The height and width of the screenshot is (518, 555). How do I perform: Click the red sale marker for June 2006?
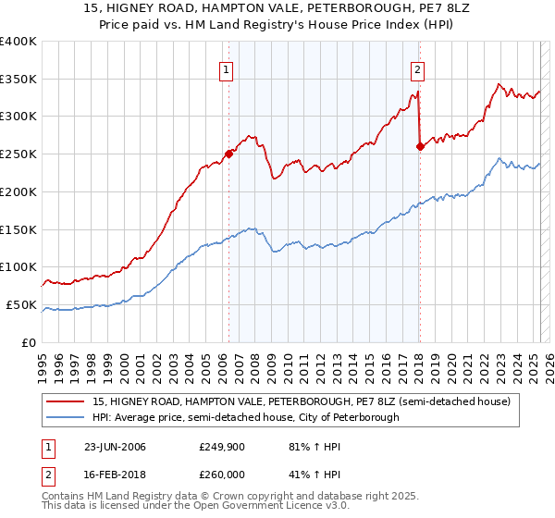click(228, 154)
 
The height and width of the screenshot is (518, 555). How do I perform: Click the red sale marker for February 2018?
click(420, 146)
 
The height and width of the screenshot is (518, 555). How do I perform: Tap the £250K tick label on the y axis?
click(18, 154)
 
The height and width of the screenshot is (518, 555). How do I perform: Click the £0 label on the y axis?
click(30, 342)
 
